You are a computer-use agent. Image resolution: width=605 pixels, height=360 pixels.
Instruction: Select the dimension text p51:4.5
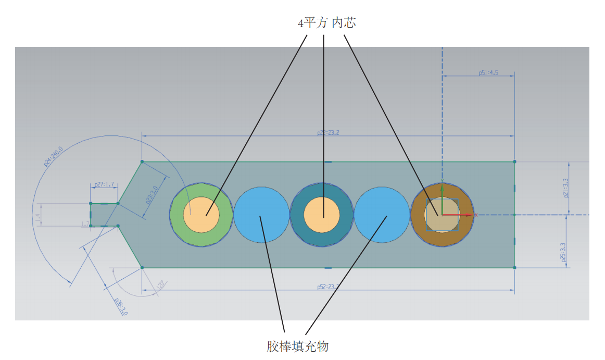click(x=488, y=73)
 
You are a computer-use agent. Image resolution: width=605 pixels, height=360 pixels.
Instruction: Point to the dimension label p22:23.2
click(x=328, y=133)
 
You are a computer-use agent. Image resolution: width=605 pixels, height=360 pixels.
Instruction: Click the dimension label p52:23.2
click(x=328, y=287)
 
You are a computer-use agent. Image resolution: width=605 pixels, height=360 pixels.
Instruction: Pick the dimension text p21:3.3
click(x=566, y=188)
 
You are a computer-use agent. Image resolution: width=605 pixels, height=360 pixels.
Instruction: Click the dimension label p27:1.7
click(x=104, y=184)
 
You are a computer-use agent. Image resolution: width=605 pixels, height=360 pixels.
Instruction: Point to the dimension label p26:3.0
click(x=120, y=307)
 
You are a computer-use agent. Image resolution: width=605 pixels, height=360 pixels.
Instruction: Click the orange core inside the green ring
click(x=201, y=215)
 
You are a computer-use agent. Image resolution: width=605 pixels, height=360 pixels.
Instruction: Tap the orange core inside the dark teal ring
click(x=322, y=215)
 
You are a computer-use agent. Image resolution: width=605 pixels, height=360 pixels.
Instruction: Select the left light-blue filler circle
click(x=261, y=215)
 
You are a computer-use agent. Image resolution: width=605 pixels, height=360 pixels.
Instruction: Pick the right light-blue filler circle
click(x=382, y=215)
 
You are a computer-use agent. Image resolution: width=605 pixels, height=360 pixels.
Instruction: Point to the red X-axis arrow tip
click(x=475, y=215)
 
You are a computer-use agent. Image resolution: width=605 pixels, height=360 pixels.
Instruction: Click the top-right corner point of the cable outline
click(x=514, y=162)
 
